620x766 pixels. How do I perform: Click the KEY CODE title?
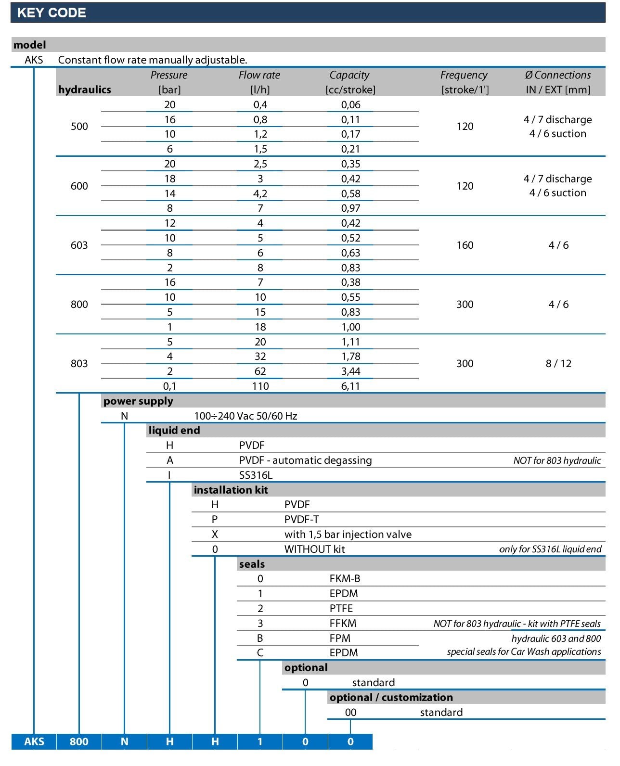pyautogui.click(x=52, y=13)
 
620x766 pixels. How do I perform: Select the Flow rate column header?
pyautogui.click(x=259, y=75)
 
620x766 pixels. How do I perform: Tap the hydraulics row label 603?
pyautogui.click(x=79, y=245)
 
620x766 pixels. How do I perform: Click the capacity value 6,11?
pyautogui.click(x=350, y=386)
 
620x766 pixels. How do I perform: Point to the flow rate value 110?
pyautogui.click(x=260, y=386)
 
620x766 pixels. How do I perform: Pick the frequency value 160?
pyautogui.click(x=465, y=245)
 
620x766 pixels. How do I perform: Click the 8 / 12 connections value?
pyautogui.click(x=558, y=364)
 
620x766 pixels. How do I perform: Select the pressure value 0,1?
pyautogui.click(x=169, y=386)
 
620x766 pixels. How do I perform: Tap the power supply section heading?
pyautogui.click(x=138, y=401)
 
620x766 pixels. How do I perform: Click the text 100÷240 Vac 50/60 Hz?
pyautogui.click(x=245, y=416)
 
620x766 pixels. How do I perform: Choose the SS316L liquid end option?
pyautogui.click(x=256, y=475)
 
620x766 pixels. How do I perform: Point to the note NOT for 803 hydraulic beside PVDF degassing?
pyautogui.click(x=557, y=460)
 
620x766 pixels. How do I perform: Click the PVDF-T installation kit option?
pyautogui.click(x=301, y=520)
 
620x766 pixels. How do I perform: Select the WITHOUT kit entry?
pyautogui.click(x=314, y=549)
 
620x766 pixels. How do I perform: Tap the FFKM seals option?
pyautogui.click(x=343, y=624)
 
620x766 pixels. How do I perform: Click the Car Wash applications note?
pyautogui.click(x=524, y=652)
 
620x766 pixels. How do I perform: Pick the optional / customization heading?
pyautogui.click(x=391, y=698)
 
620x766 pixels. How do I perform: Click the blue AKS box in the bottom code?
pyautogui.click(x=34, y=741)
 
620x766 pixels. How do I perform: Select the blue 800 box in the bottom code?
pyautogui.click(x=79, y=741)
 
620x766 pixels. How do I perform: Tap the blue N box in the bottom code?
pyautogui.click(x=124, y=741)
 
